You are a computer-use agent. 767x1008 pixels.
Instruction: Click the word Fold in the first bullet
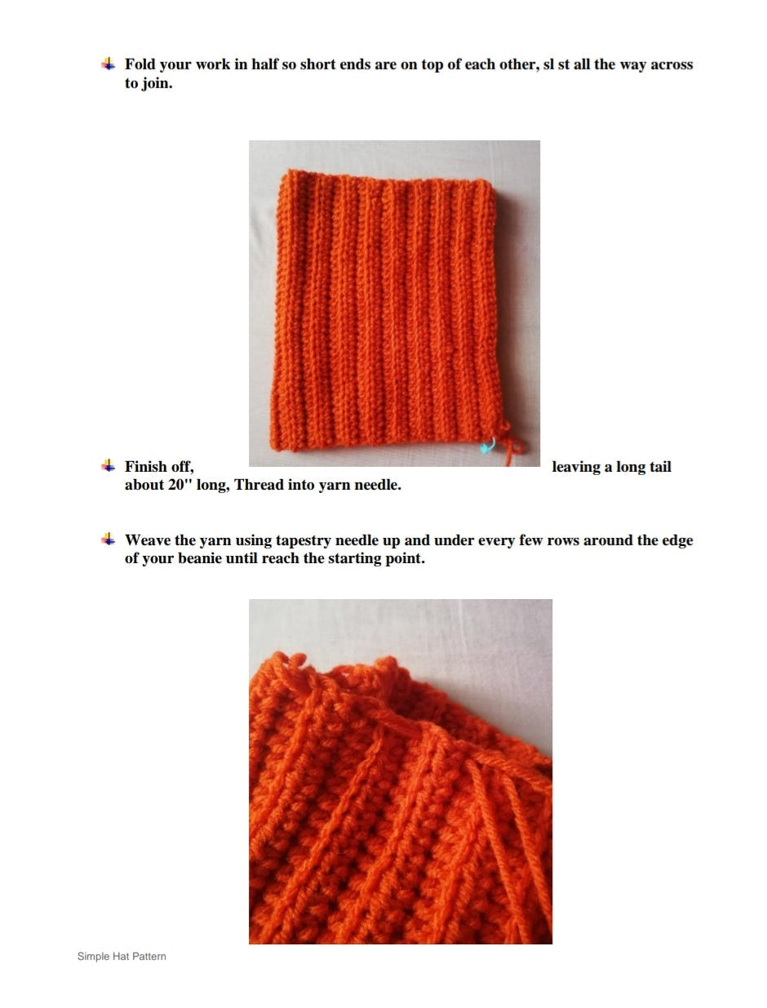pos(140,64)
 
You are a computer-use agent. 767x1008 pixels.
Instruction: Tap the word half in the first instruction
pos(264,64)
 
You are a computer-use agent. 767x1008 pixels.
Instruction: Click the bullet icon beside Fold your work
pos(109,64)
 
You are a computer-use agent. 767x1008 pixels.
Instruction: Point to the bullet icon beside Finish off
pos(109,466)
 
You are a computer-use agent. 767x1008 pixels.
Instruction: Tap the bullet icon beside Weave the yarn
pos(109,540)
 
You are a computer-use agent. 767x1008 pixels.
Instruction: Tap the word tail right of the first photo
pos(660,466)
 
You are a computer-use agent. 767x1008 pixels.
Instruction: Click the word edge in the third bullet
pos(678,540)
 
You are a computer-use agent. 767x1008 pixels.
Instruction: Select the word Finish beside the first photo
pos(145,466)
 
